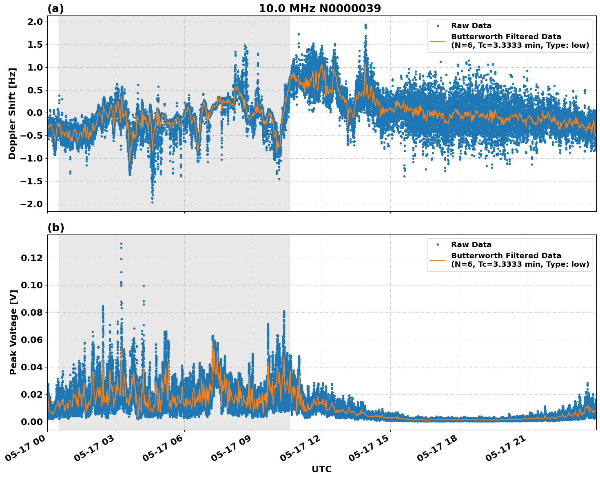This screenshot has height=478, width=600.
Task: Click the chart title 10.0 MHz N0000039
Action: pos(320,9)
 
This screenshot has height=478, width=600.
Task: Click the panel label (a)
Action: pos(55,9)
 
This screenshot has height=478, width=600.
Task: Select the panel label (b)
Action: pos(55,228)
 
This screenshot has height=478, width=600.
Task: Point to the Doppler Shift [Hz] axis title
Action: pos(13,113)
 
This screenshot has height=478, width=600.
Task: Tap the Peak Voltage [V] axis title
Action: pos(13,341)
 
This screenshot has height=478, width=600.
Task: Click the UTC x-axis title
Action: pos(321,469)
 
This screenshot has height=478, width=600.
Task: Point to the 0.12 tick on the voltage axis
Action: pos(32,258)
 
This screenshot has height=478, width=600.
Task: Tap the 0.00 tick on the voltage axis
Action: pos(32,421)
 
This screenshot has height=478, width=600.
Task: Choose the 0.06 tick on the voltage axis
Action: pos(32,340)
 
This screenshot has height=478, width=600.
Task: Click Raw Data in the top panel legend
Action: pos(471,26)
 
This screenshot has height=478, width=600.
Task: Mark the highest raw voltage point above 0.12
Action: pos(121,244)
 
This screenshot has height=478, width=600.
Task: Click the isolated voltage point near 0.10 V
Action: pos(144,286)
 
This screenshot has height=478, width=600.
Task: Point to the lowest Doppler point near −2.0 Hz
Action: pos(152,202)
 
